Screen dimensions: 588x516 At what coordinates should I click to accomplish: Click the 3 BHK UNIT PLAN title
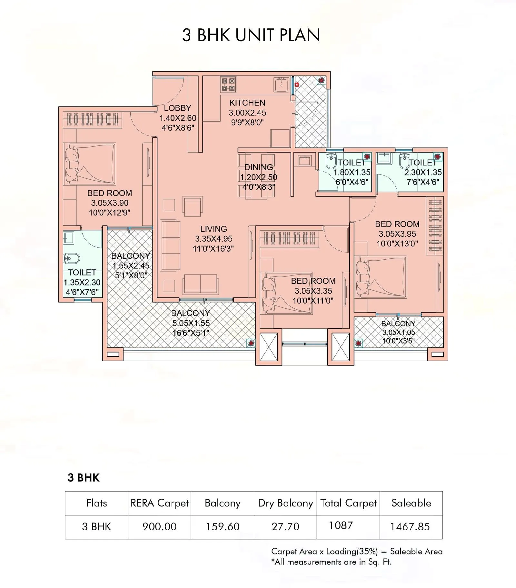click(251, 35)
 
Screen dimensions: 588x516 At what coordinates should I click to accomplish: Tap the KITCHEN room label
click(247, 103)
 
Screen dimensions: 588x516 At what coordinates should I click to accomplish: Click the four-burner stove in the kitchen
click(228, 85)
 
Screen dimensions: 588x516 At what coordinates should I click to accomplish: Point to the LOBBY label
click(177, 108)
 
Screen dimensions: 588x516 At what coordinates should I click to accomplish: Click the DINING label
click(259, 167)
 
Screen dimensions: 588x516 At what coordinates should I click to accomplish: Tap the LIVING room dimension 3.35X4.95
click(213, 239)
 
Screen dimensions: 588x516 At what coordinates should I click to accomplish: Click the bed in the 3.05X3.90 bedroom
click(90, 164)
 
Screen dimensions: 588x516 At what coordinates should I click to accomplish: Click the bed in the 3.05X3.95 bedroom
click(381, 277)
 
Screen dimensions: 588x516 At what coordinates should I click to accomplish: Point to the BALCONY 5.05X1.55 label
click(191, 323)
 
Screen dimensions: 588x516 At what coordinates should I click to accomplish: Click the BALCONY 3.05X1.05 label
click(398, 332)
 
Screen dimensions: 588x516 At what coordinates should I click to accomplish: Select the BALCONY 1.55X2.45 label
click(131, 266)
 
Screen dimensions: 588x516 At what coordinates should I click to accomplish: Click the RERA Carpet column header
click(159, 503)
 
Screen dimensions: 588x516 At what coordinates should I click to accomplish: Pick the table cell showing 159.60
click(223, 527)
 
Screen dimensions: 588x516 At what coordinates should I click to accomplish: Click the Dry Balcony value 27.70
click(285, 527)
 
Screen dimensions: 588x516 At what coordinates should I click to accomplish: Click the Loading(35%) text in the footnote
click(351, 551)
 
